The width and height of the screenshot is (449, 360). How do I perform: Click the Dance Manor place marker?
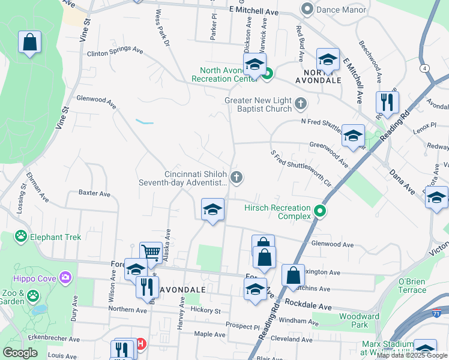click(308, 9)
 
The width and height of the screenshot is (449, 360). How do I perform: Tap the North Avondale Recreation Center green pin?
click(268, 74)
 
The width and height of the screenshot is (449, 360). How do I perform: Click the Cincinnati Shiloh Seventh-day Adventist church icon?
click(237, 177)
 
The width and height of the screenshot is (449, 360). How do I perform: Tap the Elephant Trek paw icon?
click(22, 236)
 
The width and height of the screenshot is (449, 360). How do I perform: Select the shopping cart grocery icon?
click(150, 253)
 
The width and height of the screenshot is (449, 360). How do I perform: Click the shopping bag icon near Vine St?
click(29, 43)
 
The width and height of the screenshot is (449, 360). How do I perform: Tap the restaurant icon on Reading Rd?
click(387, 102)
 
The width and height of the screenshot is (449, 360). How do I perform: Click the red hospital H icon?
click(141, 344)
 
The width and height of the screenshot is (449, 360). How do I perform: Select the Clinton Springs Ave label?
click(115, 52)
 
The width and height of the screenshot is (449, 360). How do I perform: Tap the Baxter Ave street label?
click(95, 194)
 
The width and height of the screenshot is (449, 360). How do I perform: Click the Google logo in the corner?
click(20, 353)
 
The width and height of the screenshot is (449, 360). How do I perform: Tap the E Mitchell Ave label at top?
click(254, 11)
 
